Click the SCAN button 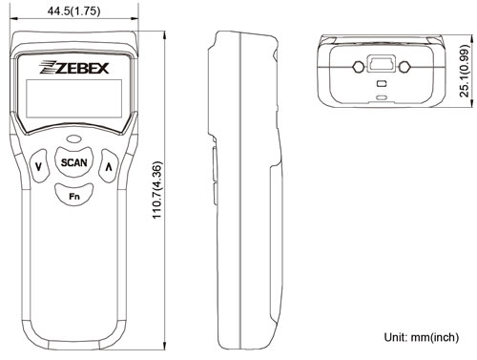(x=74, y=162)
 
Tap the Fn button (x=74, y=195)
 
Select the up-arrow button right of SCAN (x=109, y=166)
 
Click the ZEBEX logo (x=73, y=67)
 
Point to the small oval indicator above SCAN (x=73, y=139)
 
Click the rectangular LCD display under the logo (x=73, y=98)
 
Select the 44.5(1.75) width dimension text (x=73, y=11)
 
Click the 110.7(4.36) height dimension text (x=157, y=190)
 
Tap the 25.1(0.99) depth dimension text (x=465, y=71)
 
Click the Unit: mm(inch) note (x=422, y=337)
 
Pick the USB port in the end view (x=382, y=64)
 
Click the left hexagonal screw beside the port (x=359, y=67)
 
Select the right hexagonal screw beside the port (x=404, y=67)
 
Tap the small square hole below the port (x=382, y=84)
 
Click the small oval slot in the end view (x=382, y=97)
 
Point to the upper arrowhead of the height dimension (x=165, y=35)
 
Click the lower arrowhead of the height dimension (x=165, y=346)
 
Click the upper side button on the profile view (x=215, y=164)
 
